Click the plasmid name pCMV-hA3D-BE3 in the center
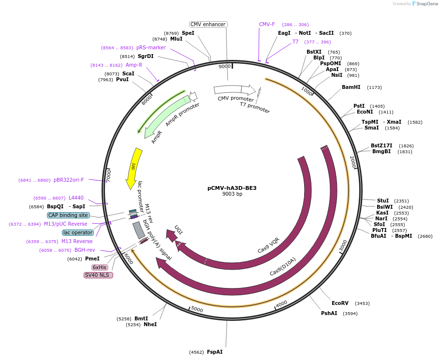[232, 188]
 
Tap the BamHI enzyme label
[351, 87]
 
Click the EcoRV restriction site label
[340, 303]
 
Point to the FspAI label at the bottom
[215, 352]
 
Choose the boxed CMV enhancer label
[208, 24]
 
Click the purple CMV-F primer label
[267, 24]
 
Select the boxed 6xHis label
[100, 267]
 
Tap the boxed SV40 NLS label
[98, 275]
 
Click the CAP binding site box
[68, 215]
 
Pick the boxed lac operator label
[78, 232]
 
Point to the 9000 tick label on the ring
[225, 67]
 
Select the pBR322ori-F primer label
[69, 180]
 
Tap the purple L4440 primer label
[76, 198]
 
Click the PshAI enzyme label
[329, 314]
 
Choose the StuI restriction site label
[383, 201]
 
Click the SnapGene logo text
[427, 4]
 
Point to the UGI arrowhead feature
[171, 235]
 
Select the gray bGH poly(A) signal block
[139, 230]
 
